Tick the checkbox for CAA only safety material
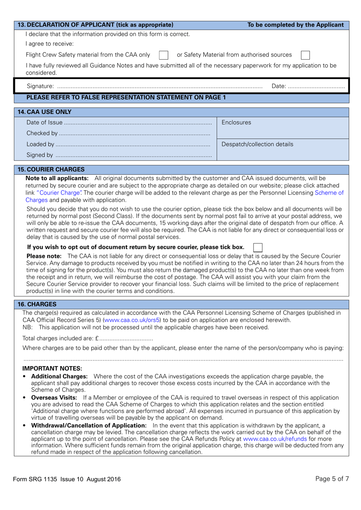[164, 55]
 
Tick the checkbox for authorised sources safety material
[305, 55]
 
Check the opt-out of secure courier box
[258, 248]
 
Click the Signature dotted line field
[160, 87]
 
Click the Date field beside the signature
[316, 87]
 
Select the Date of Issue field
[137, 123]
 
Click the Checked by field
[135, 133]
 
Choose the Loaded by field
[133, 144]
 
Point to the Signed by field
[133, 155]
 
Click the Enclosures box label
[236, 123]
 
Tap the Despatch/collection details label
[257, 144]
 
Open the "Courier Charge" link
[59, 193]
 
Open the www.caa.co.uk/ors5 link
[132, 320]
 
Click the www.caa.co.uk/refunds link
[275, 439]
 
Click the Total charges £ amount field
[126, 339]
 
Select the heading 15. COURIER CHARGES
[51, 169]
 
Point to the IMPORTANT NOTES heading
[52, 368]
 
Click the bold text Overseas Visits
[54, 398]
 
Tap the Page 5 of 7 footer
[332, 479]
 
